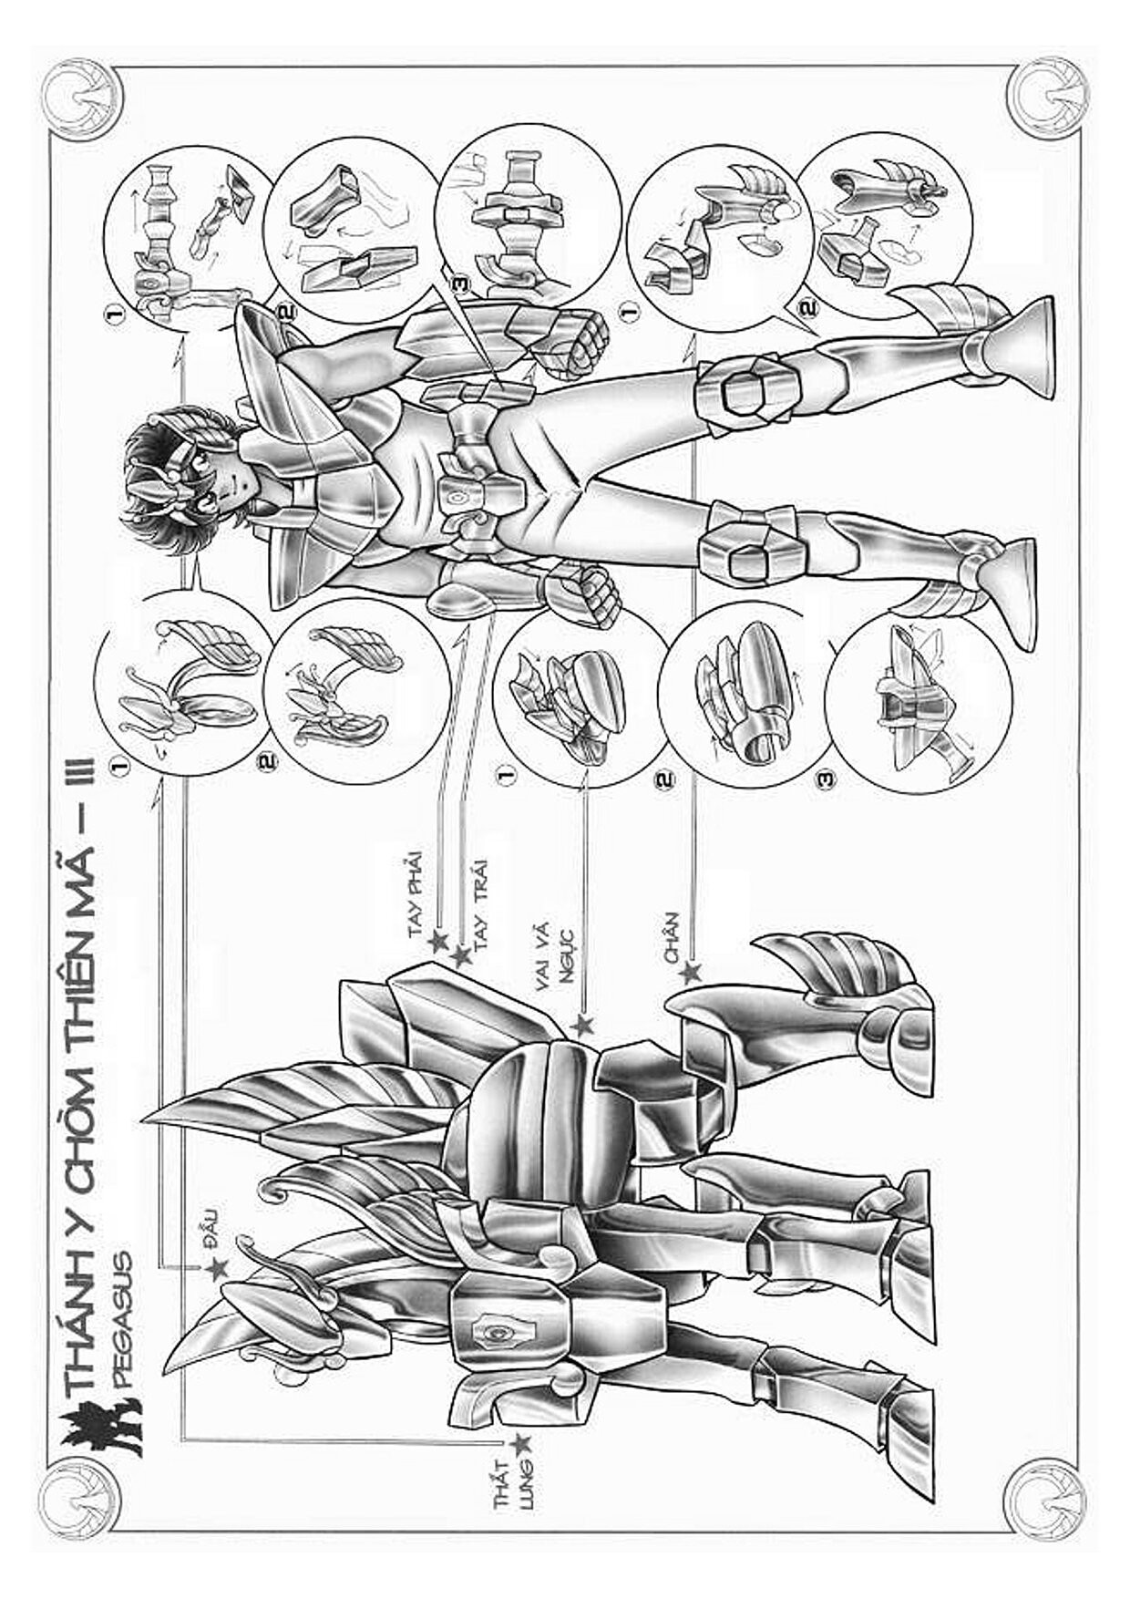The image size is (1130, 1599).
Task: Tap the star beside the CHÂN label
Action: click(x=690, y=973)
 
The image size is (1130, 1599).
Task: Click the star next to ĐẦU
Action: click(x=217, y=1267)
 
